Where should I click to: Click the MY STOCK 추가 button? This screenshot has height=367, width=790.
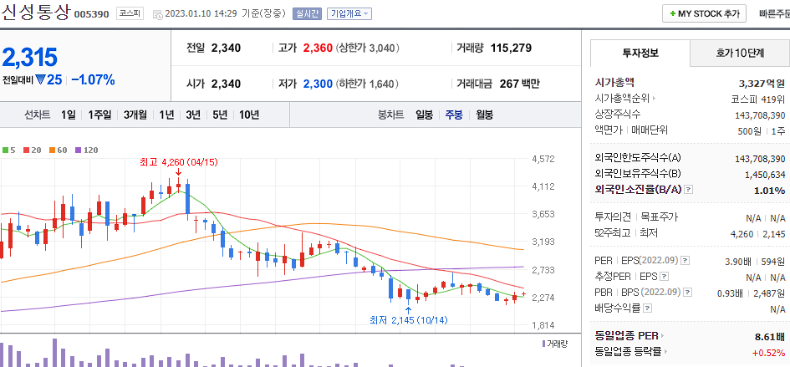(704, 13)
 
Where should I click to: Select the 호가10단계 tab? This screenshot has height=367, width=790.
(740, 53)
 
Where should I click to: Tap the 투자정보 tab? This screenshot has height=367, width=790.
(640, 53)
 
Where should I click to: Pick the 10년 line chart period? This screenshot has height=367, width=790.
(248, 115)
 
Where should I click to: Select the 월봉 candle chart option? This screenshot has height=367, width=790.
(484, 115)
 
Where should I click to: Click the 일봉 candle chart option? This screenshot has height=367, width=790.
(424, 115)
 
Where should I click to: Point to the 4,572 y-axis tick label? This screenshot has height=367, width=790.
(543, 159)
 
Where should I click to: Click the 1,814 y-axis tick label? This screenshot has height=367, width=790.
(543, 325)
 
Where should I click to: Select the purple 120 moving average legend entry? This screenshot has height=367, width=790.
(87, 150)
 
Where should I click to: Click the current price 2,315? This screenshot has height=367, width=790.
(30, 58)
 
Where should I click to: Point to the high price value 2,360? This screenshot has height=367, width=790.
(318, 48)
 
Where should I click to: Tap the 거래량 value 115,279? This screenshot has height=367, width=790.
(511, 48)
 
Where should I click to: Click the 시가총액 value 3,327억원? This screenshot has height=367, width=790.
(762, 83)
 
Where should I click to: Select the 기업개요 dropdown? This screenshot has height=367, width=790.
(349, 14)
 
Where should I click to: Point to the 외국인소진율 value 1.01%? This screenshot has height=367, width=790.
(769, 190)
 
